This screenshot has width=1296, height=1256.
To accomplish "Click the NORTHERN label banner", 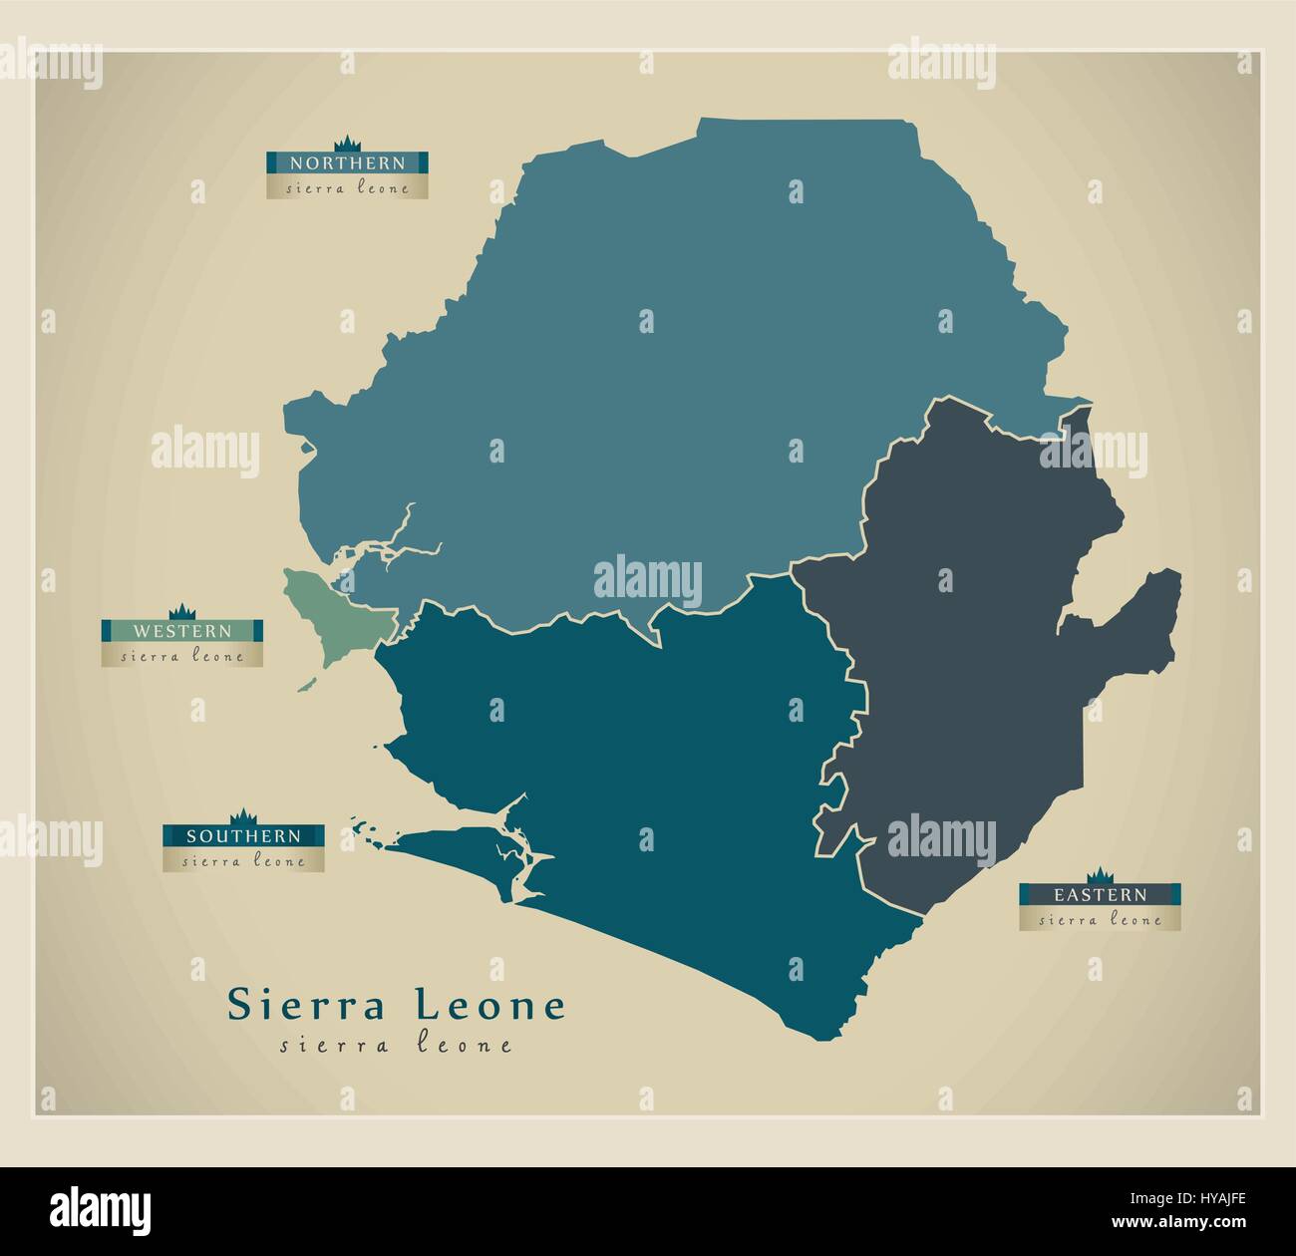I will click(347, 162).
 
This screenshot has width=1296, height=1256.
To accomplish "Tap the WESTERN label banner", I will click(181, 631).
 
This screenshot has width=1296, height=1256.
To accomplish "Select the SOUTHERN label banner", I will click(243, 835).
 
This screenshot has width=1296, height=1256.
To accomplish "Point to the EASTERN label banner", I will click(1101, 895).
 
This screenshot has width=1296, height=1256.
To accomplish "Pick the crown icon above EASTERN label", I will click(1100, 874).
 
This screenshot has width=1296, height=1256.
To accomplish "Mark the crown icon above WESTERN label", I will click(181, 610).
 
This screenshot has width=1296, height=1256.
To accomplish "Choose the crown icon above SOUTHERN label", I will click(243, 815).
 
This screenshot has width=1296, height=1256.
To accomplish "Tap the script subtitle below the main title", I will click(397, 1046).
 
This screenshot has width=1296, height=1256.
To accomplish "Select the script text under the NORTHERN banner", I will click(347, 187).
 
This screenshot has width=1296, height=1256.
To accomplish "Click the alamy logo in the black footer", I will click(101, 1205).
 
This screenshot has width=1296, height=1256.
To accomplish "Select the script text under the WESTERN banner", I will click(181, 656).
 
